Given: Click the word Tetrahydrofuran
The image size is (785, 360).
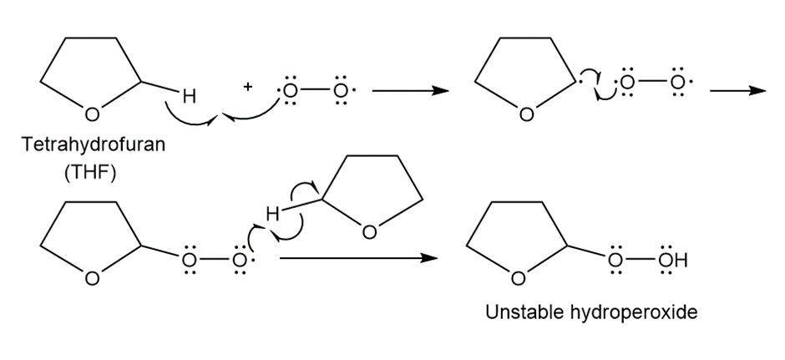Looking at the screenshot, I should [94, 144].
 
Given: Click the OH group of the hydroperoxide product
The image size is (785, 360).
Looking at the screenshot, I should [673, 259].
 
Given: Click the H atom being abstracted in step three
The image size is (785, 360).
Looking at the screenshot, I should [272, 214].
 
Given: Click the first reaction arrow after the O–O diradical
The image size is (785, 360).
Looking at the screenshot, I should [404, 91].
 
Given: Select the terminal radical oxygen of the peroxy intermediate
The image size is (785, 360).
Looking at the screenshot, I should [241, 259].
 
